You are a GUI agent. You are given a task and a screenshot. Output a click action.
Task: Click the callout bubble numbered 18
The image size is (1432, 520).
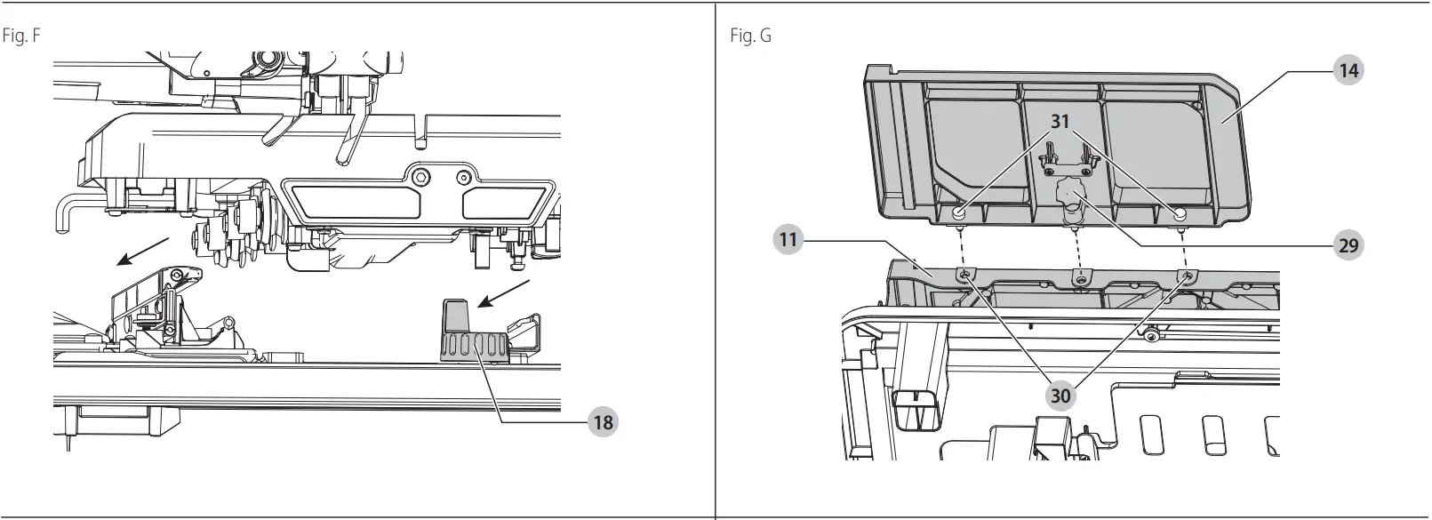pos(603,421)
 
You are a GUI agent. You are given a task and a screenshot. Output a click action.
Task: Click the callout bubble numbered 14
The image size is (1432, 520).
pos(1348,69)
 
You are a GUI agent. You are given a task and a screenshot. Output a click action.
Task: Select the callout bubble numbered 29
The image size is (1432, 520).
pos(1348,244)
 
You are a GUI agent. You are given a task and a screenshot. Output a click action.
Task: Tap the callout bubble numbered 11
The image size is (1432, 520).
pos(788,239)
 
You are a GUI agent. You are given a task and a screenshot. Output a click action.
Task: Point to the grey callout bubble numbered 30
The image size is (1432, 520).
pos(1060,394)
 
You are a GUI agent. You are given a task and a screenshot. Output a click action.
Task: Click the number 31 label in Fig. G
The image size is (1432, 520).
pos(1060,121)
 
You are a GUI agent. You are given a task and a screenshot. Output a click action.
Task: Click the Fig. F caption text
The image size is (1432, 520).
pos(22,36)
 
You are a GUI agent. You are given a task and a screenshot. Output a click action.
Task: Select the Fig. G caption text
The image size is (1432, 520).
pos(750,36)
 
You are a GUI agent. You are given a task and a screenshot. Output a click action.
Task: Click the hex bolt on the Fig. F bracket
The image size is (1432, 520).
pos(420,173)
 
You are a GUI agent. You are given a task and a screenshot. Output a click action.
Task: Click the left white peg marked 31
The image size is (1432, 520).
pos(959,214)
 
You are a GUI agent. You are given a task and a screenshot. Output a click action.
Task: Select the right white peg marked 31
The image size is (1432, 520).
pos(1179,214)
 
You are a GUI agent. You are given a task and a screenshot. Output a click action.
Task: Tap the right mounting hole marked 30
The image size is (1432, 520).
pos(1188,276)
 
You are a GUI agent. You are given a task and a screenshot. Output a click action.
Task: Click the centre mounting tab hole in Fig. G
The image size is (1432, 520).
pos(1080,281)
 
